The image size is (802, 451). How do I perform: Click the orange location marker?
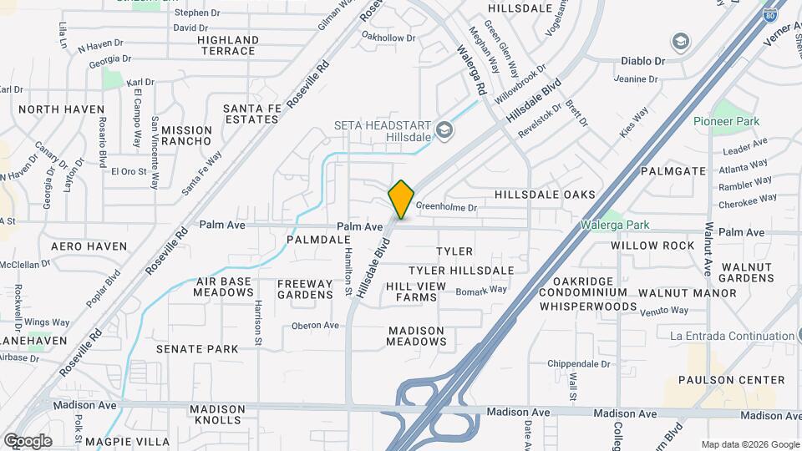[401, 199]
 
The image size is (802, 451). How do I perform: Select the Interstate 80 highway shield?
[769, 13]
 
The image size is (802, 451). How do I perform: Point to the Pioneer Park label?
[726, 121]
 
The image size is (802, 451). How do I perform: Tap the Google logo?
[28, 440]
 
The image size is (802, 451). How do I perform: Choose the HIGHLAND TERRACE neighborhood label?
[227, 45]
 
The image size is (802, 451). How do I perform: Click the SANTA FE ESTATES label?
[251, 114]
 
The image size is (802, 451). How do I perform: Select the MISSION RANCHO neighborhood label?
[186, 135]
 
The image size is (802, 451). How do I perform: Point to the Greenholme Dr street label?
[446, 207]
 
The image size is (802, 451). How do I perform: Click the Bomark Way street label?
[482, 290]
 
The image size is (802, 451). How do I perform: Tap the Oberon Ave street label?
[315, 325]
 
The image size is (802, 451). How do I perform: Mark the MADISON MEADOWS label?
[417, 336]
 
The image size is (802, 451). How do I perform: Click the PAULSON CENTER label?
[731, 380]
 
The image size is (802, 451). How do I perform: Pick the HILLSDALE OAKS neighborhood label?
[545, 195]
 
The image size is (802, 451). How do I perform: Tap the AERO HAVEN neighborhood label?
[89, 246]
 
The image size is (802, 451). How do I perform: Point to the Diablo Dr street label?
[642, 61]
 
